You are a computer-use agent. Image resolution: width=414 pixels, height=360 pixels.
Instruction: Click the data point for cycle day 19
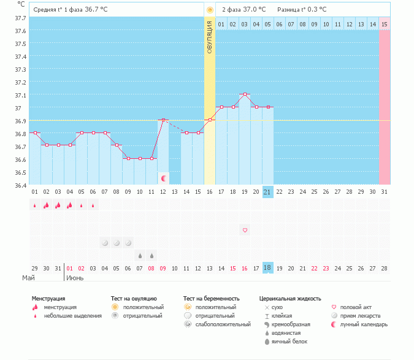click(x=245, y=94)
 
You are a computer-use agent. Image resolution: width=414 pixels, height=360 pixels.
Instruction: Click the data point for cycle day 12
click(x=163, y=120)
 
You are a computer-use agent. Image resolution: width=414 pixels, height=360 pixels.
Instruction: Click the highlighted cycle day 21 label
click(x=267, y=192)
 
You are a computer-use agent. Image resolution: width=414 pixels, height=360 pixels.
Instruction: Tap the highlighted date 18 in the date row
click(x=267, y=268)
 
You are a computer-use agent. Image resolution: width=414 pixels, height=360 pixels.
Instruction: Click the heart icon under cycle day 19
click(x=245, y=230)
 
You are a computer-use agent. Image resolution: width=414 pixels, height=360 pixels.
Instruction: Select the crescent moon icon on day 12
click(x=164, y=178)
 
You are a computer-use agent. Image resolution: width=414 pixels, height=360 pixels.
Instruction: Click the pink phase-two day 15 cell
click(x=384, y=24)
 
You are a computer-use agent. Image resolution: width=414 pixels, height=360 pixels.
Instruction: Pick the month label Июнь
click(x=74, y=278)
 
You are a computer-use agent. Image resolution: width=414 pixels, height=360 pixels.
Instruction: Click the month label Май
click(x=28, y=278)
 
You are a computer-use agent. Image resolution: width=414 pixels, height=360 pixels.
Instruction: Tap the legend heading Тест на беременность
click(x=211, y=298)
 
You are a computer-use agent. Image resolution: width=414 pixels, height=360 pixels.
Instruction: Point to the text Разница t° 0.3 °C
click(x=302, y=10)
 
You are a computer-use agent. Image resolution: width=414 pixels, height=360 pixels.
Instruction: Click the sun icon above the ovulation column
click(x=210, y=10)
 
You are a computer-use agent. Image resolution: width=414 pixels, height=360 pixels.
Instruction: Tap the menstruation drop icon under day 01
click(x=34, y=205)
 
